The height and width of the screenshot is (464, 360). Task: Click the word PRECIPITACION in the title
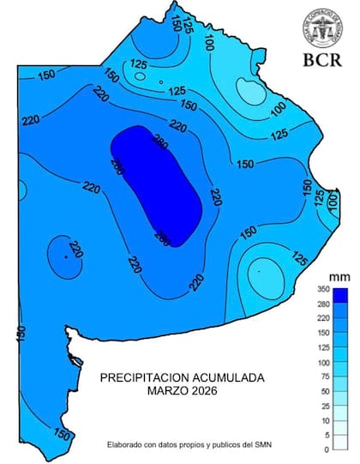click(x=151, y=377)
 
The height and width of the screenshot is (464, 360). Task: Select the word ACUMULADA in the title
click(x=234, y=377)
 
